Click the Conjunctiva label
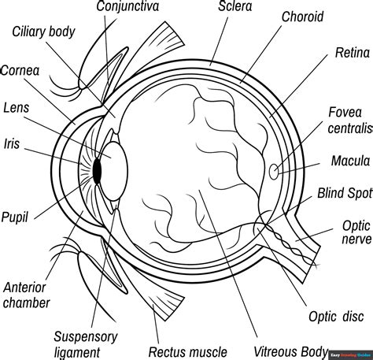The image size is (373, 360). pos(127,7)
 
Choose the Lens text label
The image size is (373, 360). pos(17,107)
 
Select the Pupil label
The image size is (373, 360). pos(16,215)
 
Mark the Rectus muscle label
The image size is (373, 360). pos(188,351)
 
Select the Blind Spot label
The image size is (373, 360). pos(343,193)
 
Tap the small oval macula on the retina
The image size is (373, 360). pos(273,169)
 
